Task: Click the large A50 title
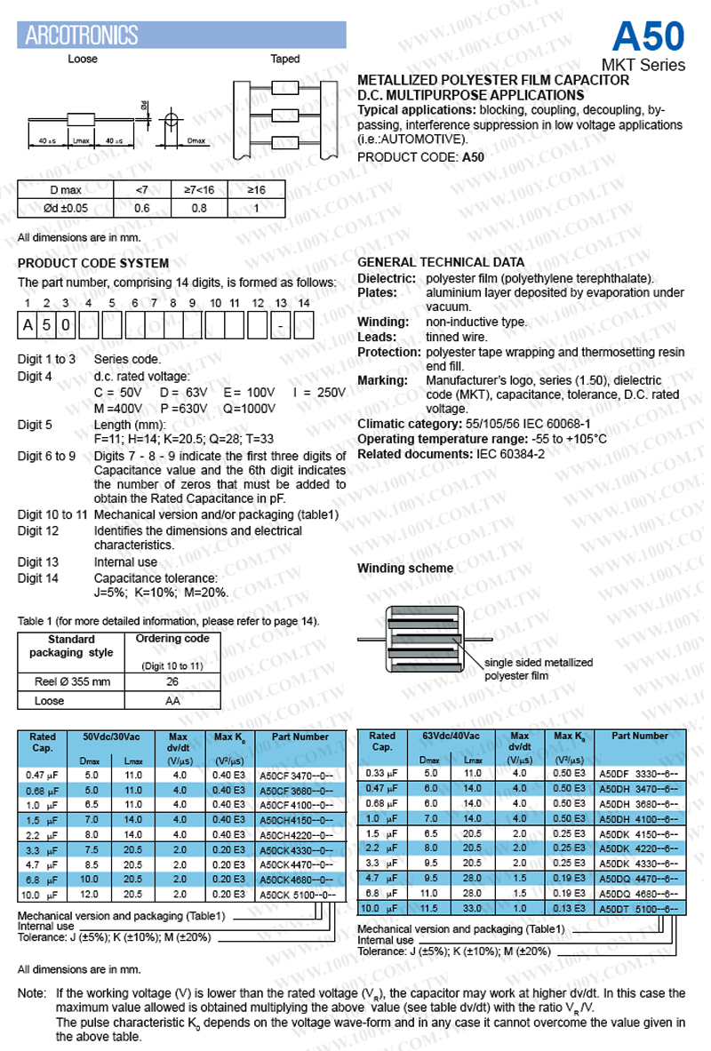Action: click(648, 36)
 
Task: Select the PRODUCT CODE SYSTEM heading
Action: click(93, 263)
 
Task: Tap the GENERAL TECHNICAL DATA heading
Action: click(440, 262)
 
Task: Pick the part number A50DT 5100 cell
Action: click(639, 908)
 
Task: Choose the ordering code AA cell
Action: click(172, 701)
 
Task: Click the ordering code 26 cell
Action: click(172, 681)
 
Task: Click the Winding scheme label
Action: click(405, 569)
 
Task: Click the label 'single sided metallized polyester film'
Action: click(538, 669)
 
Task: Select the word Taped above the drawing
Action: click(285, 60)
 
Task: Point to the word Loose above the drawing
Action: click(83, 60)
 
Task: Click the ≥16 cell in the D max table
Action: click(255, 190)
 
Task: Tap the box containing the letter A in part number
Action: click(28, 325)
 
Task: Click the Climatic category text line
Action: click(474, 424)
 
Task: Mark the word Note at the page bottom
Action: click(32, 993)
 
